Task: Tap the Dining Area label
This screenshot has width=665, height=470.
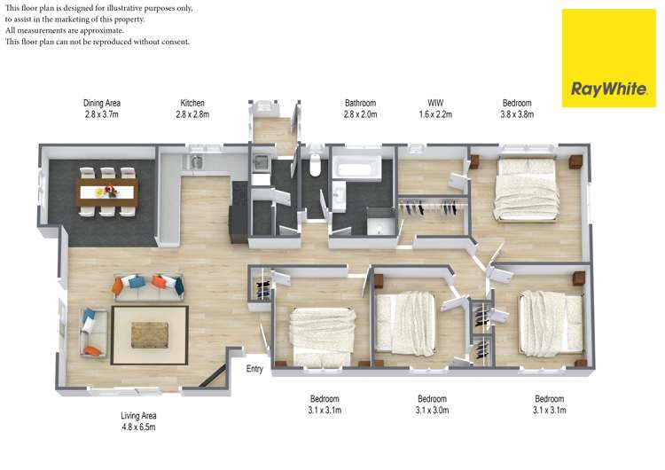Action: (102, 108)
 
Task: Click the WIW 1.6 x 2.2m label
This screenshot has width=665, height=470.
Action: (435, 108)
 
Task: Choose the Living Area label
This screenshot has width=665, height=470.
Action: (138, 420)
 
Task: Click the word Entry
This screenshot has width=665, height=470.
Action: (254, 370)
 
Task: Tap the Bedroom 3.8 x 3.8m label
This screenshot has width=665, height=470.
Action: (517, 108)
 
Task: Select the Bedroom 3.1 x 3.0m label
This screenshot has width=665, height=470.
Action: (432, 404)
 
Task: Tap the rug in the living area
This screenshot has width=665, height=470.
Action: (149, 334)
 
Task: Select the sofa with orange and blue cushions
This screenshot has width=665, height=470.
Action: (148, 286)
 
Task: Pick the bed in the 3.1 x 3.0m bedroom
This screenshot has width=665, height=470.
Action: (404, 323)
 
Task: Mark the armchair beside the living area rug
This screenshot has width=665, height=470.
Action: (90, 333)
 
